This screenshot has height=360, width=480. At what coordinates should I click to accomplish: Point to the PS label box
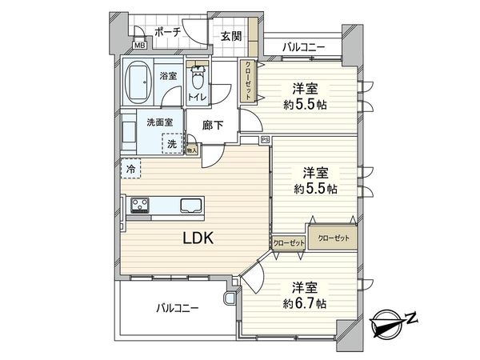coord(265,141)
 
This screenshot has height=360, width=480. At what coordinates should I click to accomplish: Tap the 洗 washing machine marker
coord(171,144)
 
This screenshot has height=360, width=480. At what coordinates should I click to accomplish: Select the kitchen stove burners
coord(140,206)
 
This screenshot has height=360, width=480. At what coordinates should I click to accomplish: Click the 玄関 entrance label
coord(231,36)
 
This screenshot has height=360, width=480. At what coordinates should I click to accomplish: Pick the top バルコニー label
coord(303,47)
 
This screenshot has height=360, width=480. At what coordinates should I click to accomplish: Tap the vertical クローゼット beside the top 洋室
coord(249,81)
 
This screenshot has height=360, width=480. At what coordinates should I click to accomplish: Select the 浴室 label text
coord(168,76)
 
